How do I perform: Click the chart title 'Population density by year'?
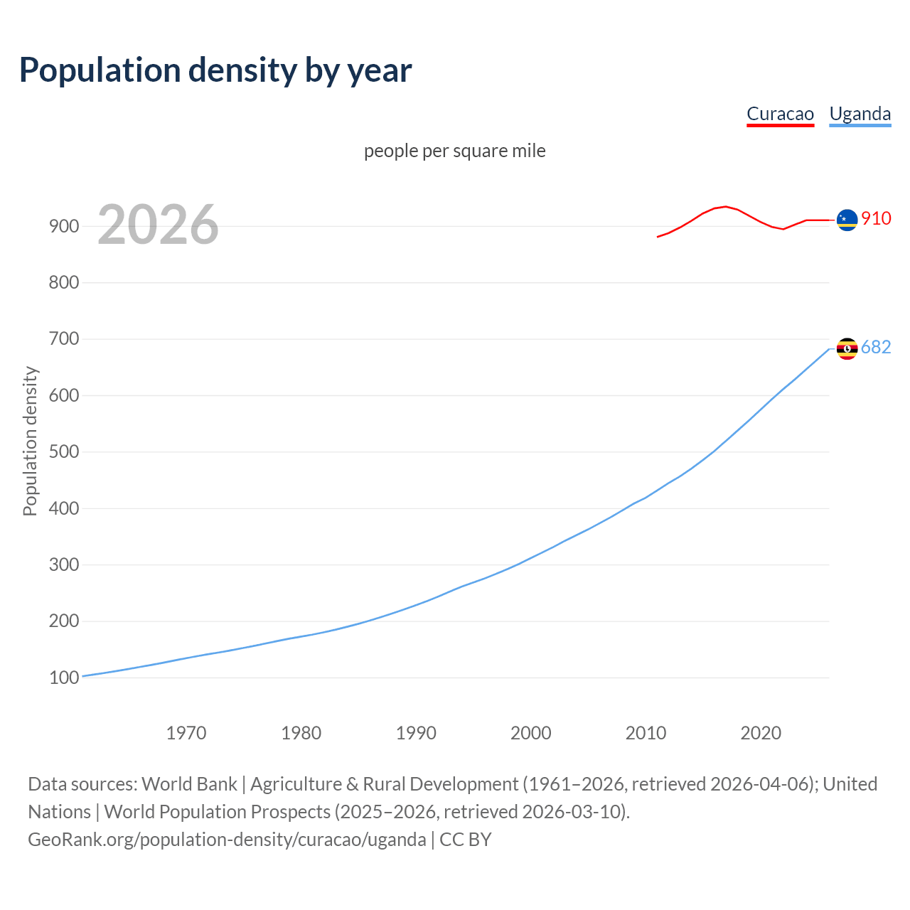(215, 70)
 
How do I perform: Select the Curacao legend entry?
(780, 114)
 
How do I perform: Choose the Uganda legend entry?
(860, 114)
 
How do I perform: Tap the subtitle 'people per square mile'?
(455, 151)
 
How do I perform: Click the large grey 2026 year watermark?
(158, 225)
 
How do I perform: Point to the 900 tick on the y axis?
(63, 226)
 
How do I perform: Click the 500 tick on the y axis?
(63, 452)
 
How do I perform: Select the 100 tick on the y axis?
(63, 678)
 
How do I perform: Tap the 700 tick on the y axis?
(63, 339)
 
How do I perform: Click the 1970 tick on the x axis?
(186, 733)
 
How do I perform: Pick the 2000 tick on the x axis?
(531, 733)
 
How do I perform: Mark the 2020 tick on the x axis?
(761, 733)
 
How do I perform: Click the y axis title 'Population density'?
(30, 441)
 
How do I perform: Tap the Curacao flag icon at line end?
(847, 220)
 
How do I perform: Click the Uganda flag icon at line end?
(847, 348)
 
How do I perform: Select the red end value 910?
(876, 218)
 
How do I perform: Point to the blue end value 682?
(876, 347)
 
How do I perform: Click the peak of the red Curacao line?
(725, 206)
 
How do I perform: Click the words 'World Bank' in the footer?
(189, 784)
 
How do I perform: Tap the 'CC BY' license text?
(466, 840)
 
